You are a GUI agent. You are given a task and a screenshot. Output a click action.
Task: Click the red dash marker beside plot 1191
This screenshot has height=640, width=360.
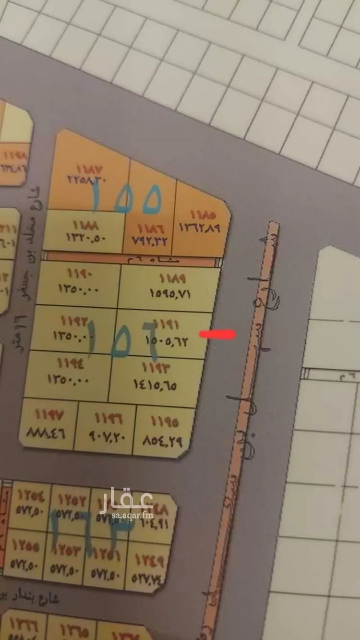point(217,334)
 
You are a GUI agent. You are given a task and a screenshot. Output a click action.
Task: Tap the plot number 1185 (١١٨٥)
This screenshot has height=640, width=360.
point(203,215)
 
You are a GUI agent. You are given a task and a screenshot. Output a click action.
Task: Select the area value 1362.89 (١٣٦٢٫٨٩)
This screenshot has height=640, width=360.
point(199,228)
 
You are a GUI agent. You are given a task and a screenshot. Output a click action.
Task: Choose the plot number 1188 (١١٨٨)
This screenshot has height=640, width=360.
point(86,225)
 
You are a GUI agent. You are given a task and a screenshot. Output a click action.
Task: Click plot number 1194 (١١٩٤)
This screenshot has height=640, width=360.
point(71,363)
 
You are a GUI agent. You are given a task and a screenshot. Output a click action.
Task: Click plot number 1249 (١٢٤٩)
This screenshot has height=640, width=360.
point(149,560)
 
